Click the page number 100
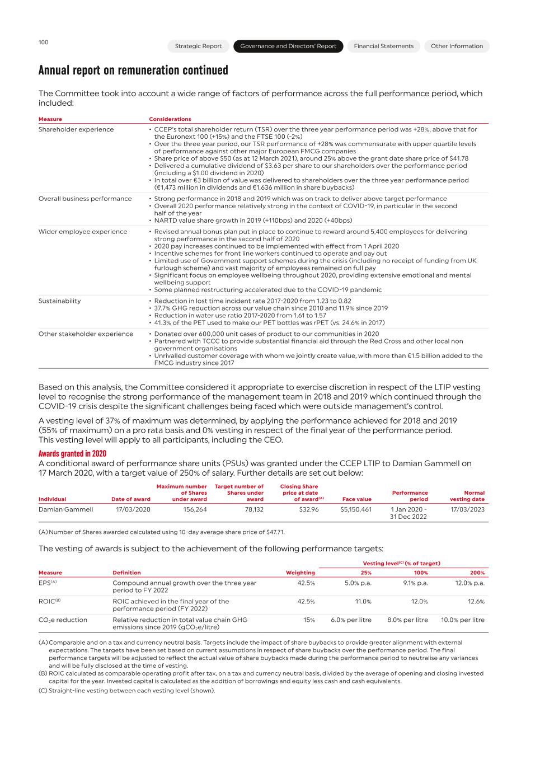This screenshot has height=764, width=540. (x=43, y=43)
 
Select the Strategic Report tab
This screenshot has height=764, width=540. (x=198, y=46)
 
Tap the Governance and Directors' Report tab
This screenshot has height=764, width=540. (x=288, y=46)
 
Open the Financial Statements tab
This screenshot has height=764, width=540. (x=383, y=46)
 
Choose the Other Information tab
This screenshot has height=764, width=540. (x=457, y=46)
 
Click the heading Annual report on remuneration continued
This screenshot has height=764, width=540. (x=133, y=70)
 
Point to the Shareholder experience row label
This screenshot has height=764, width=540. (x=76, y=129)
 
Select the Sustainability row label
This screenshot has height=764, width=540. (x=59, y=301)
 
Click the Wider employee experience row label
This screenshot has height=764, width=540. (x=83, y=232)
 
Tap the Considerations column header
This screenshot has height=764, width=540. (x=170, y=119)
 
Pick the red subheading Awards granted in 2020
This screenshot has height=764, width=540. (x=72, y=454)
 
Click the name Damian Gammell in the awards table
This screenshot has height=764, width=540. (x=65, y=509)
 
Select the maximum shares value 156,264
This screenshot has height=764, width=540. (x=195, y=509)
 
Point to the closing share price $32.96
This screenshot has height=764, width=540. (x=307, y=509)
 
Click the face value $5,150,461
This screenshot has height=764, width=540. (x=355, y=509)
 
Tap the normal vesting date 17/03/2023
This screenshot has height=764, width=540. (x=467, y=509)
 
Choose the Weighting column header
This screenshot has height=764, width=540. (x=300, y=573)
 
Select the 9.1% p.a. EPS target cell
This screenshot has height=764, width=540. (x=415, y=583)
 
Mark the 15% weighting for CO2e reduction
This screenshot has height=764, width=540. (x=308, y=620)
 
